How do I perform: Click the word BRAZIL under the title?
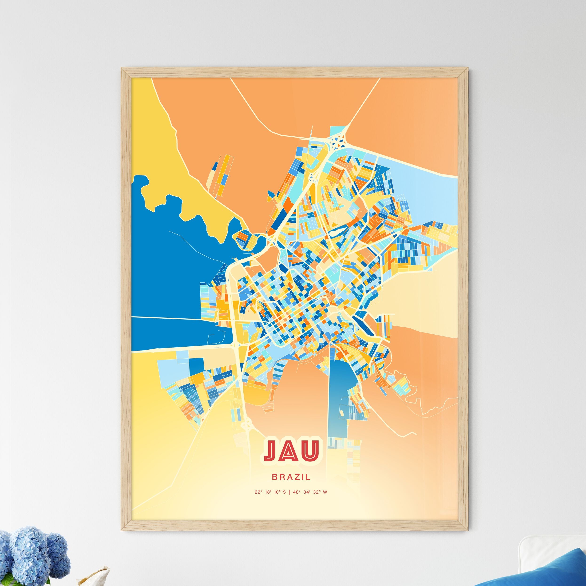coord(291,477)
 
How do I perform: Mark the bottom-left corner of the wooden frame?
coord(122,530)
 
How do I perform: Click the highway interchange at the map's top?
coord(338,140)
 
